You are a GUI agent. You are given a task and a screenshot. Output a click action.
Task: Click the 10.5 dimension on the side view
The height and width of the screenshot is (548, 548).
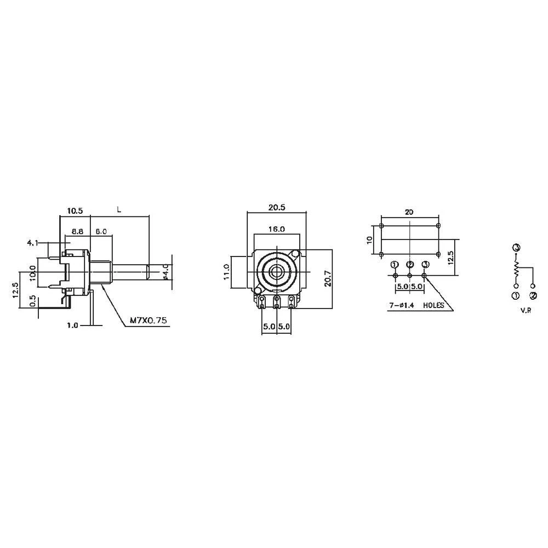coord(75,210)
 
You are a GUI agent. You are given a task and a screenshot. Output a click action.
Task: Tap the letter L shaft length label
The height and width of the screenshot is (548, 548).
coord(119,209)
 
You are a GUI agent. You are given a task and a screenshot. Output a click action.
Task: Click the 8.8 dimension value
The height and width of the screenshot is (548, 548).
coord(77,232)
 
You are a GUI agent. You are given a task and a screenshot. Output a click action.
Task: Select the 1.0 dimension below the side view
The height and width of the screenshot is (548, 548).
coord(72,325)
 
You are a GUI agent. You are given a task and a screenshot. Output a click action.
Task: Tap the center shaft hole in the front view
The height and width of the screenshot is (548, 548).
coord(276,271)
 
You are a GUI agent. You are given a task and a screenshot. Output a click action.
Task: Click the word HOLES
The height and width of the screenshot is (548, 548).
coord(434,306)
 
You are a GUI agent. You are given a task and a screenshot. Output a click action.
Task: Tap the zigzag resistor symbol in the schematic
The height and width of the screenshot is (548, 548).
coord(516,268)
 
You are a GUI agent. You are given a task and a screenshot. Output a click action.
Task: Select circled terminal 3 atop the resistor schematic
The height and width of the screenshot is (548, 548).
coord(516,248)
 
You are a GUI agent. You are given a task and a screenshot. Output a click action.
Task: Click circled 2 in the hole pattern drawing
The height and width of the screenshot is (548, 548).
coord(410,265)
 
